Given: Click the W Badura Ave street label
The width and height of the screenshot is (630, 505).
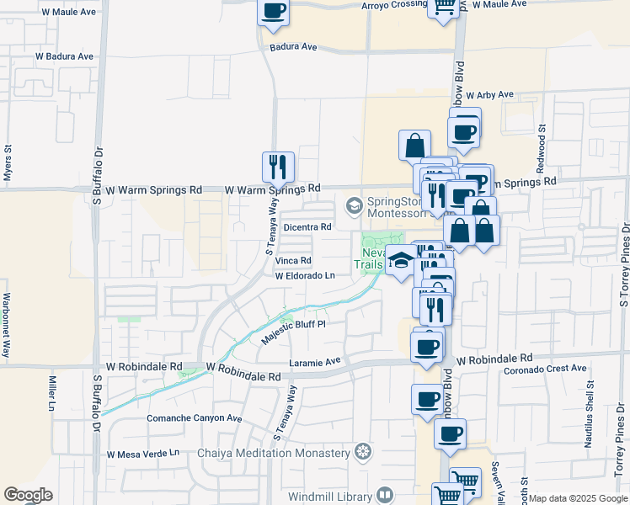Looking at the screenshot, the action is coord(64,56).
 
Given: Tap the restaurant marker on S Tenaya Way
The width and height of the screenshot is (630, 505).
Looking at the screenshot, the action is coord(278,167).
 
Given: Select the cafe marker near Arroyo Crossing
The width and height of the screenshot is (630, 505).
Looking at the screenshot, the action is coord(275,12).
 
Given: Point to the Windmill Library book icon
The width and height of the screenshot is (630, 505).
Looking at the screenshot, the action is coord(386,495).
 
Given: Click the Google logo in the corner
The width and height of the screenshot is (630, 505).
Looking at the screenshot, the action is coord(28,495).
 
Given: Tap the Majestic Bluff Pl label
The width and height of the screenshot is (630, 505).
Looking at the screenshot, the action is coord(292,329).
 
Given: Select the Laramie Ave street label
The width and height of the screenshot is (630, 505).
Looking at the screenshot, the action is coord(314,361).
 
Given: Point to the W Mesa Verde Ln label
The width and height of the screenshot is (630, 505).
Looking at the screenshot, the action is coord(143,454).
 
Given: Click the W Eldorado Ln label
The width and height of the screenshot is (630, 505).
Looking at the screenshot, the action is coord(305,275).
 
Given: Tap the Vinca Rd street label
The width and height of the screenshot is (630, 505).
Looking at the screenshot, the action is coord(293,261).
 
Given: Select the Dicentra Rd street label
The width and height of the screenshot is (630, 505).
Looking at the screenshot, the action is coord(307,226).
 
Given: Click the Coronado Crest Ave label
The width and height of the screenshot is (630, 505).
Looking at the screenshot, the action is coord(544,369).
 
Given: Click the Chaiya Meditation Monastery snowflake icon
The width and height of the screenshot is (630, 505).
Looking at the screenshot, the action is coord(363,453).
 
